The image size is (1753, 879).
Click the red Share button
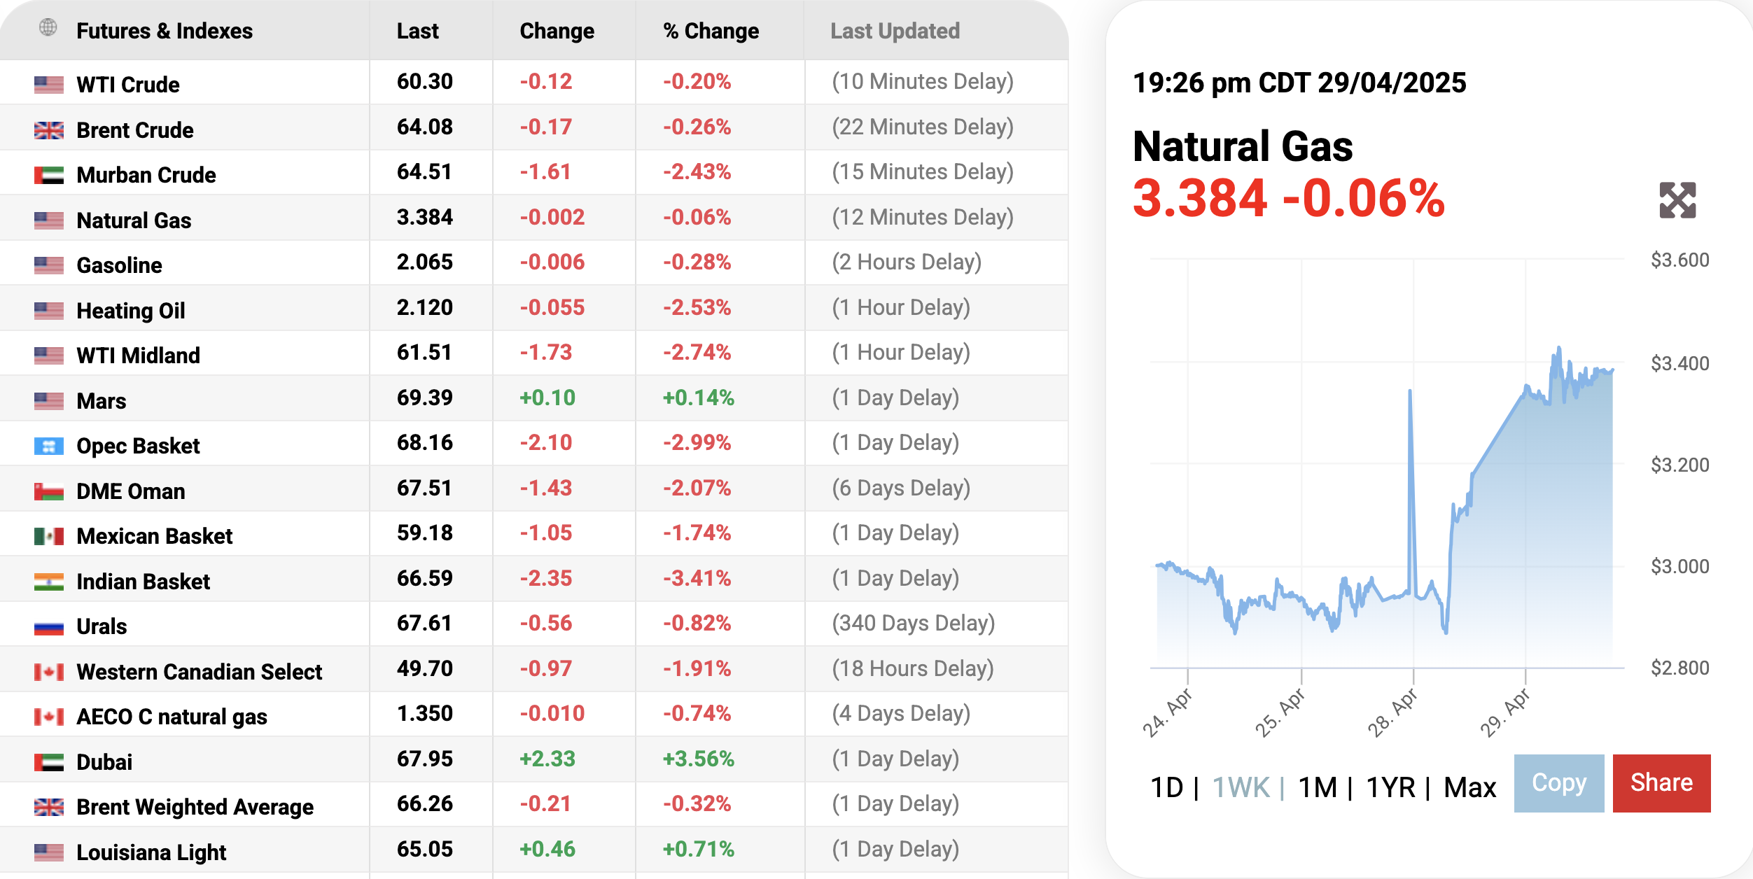coord(1661,782)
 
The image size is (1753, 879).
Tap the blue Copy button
coord(1558,782)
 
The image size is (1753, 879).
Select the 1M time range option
coord(1318,787)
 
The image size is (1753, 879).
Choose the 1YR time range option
coord(1390,787)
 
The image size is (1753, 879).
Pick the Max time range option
coord(1469,787)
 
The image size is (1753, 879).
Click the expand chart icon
coord(1677,201)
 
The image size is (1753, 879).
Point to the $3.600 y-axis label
coord(1679,260)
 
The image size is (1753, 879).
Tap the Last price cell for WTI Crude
coord(424,82)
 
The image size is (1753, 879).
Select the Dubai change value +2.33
coord(547,759)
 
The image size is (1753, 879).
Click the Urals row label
coord(102,626)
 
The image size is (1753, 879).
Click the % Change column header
coord(711,31)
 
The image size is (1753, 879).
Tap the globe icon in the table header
coord(48,28)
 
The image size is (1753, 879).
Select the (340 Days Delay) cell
coord(913,623)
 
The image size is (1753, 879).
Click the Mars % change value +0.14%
coord(698,398)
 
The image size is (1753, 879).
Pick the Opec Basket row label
coord(138,446)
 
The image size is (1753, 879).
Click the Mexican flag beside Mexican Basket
coord(49,536)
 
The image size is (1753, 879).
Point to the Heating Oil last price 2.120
coord(424,307)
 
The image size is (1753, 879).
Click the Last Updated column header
coord(895,31)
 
